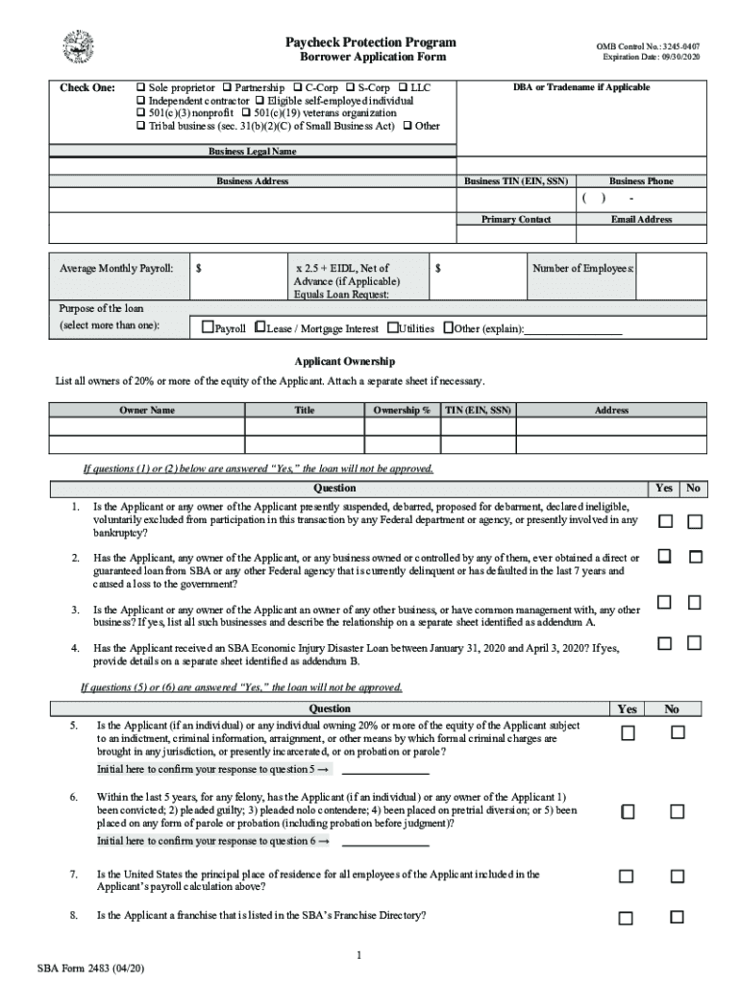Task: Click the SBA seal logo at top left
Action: tap(77, 47)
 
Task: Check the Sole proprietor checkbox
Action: tap(141, 87)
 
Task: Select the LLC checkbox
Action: tap(403, 87)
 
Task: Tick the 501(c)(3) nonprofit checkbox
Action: tap(141, 113)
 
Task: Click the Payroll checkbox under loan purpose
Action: tap(207, 328)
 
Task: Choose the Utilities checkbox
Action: tap(392, 328)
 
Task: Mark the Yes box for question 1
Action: tap(664, 521)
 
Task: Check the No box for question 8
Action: tap(678, 919)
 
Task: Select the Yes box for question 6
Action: tap(627, 812)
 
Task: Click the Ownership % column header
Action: tap(401, 410)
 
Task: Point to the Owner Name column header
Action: tap(147, 410)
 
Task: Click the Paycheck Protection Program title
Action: tap(370, 42)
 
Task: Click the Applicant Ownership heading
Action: tap(344, 361)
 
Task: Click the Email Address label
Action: tap(641, 220)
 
